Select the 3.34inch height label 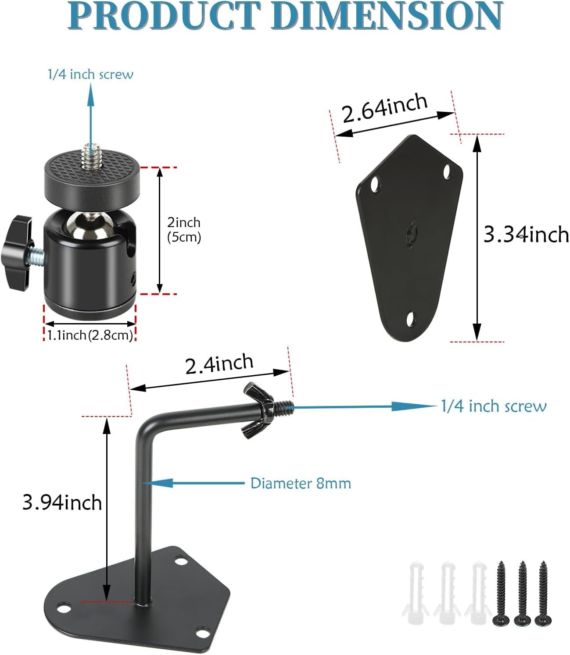point(526,235)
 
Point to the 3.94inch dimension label point(62,502)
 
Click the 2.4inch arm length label point(219,364)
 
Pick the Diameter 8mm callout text point(301,483)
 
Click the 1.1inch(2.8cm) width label point(90,335)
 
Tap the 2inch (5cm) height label point(184,229)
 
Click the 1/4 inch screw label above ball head point(90,74)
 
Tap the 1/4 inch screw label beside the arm point(494,406)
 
